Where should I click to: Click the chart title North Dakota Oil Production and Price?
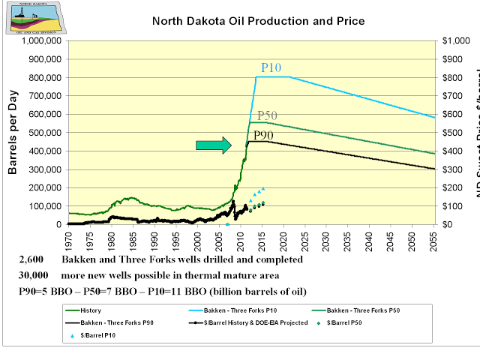click(x=258, y=20)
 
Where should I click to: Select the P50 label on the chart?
click(x=268, y=115)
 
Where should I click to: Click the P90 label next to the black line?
click(x=263, y=136)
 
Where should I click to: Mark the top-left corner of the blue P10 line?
click(x=256, y=77)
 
